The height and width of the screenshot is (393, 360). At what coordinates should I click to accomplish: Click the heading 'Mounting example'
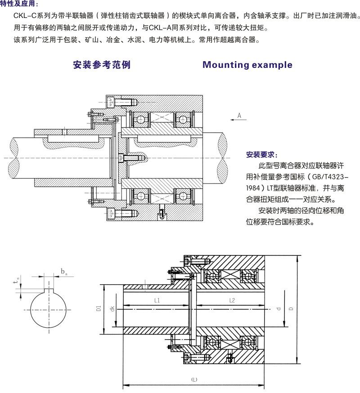[247, 65]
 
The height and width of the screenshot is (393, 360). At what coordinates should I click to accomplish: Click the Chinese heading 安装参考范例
[102, 65]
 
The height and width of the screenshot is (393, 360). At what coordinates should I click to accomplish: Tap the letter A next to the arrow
[239, 116]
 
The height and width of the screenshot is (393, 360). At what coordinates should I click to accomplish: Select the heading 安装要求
[262, 154]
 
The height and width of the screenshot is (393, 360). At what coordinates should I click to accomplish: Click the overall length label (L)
[194, 380]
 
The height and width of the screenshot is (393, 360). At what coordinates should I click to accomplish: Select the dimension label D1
[98, 309]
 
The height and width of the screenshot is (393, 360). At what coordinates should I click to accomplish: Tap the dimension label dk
[111, 309]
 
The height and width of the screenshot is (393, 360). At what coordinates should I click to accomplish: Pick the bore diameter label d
[279, 309]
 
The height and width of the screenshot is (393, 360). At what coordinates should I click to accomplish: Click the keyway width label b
[63, 272]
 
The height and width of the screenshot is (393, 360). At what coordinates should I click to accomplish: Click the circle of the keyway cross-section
[49, 310]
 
